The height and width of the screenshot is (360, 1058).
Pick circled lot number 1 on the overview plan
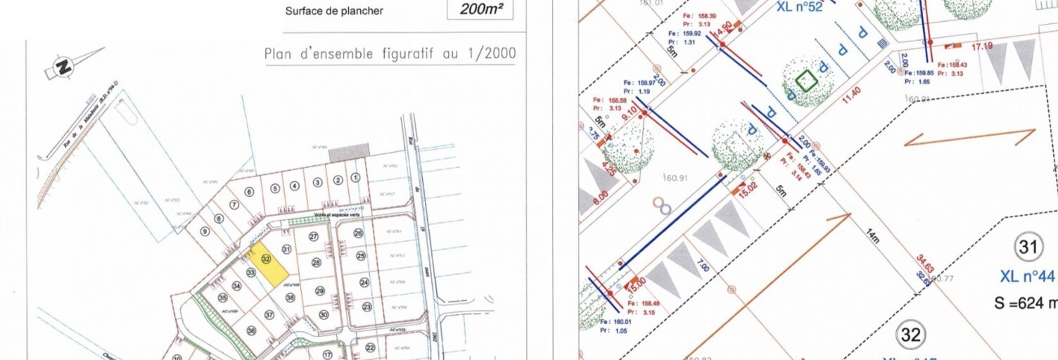coord(356,178)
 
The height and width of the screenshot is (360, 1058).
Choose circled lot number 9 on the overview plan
coord(205,231)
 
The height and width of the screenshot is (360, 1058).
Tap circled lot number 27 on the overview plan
coord(314,236)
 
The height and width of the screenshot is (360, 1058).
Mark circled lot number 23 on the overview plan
coord(367,307)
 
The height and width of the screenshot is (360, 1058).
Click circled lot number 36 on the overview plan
coord(252,330)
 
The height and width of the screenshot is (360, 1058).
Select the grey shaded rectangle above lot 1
coord(349,151)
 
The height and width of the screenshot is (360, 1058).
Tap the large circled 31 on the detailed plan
coord(1028,247)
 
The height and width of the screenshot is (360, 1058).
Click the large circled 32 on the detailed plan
coord(911,335)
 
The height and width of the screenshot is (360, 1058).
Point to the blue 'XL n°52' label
coord(800,8)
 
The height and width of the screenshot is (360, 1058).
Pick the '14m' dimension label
coord(873,236)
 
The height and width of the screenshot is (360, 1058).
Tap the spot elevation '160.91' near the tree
coord(675,178)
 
